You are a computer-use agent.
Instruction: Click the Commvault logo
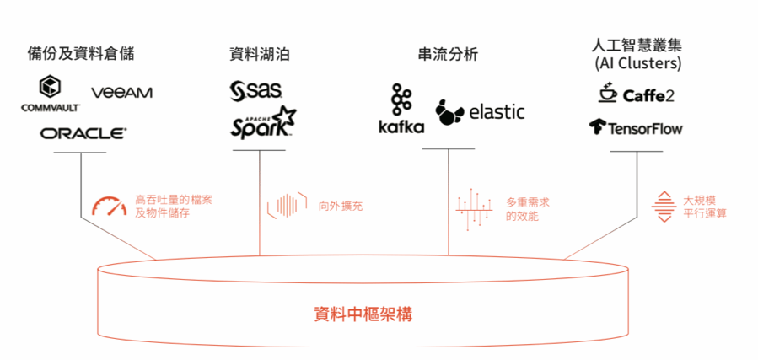coord(51,94)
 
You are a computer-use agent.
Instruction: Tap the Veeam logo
coord(121,92)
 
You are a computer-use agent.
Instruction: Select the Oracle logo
coord(83,133)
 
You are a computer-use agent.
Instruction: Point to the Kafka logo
coord(401,110)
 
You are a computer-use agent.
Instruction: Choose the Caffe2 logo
coord(636,94)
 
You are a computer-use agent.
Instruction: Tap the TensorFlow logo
coord(636,128)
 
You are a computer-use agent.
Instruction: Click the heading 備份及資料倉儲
coord(81,55)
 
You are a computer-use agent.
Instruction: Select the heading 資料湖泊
coord(260,55)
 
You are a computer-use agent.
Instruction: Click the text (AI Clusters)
coord(637,63)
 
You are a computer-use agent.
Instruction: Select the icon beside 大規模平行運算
coord(665,206)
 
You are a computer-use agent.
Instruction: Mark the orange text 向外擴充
coord(341,206)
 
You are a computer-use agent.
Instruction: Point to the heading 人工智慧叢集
coord(637,46)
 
